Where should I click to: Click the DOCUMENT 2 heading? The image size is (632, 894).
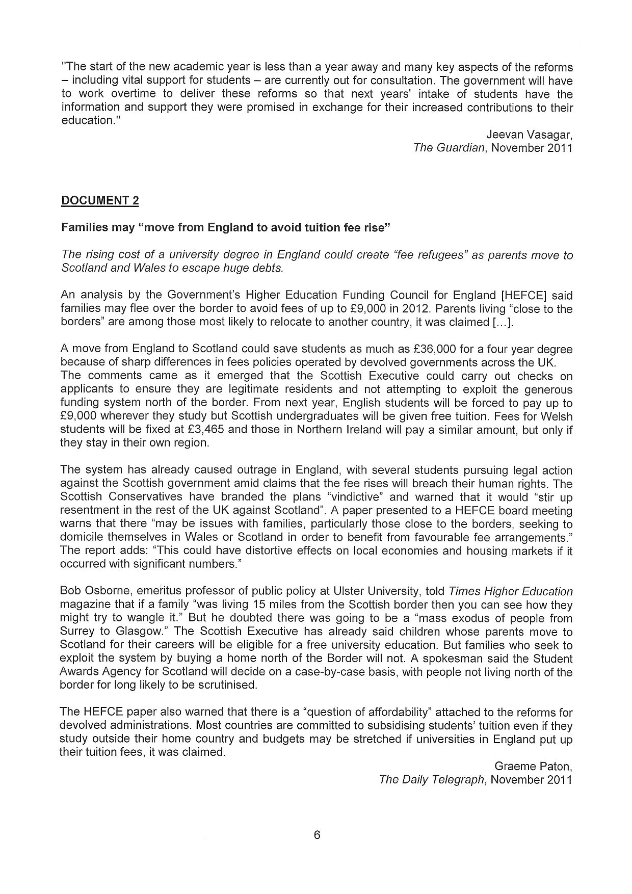pyautogui.click(x=100, y=200)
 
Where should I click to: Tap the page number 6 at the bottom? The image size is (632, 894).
pyautogui.click(x=317, y=834)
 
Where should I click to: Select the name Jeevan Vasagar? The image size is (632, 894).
pyautogui.click(x=530, y=135)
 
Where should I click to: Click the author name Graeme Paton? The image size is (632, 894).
pyautogui.click(x=534, y=766)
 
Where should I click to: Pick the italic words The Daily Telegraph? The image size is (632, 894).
pyautogui.click(x=431, y=779)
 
